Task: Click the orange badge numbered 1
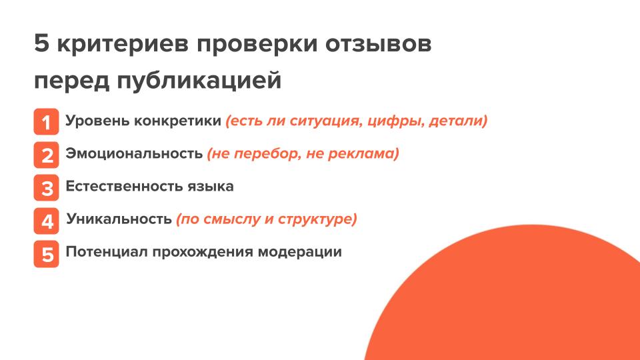pos(46,121)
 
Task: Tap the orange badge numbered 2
pos(46,155)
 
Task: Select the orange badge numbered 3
pos(46,188)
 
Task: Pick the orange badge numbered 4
pos(46,221)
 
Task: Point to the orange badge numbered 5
pos(46,254)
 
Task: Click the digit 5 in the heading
pos(41,43)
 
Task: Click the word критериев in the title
pos(123,45)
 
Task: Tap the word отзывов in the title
pos(379,44)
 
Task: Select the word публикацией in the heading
pos(199,81)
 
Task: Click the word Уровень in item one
pos(97,121)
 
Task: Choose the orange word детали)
pos(458,121)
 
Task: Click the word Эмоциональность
pos(134,153)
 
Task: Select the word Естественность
pos(125,186)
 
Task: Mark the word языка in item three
pos(211,187)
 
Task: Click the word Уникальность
pos(119,219)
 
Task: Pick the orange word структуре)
pos(317,219)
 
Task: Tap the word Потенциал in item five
pos(107,252)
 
